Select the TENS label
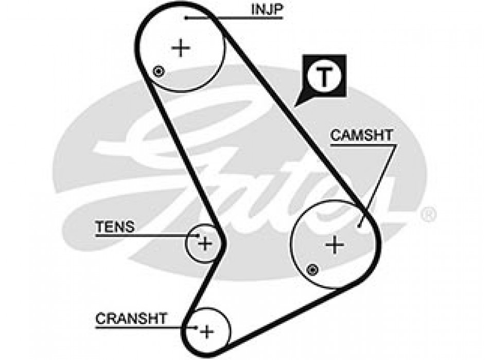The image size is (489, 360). (x=114, y=226)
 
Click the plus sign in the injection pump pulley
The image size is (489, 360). (x=181, y=48)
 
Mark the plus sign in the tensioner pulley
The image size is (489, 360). (x=205, y=243)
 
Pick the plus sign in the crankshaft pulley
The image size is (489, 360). (x=206, y=331)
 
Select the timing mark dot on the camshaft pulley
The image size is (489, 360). (x=311, y=268)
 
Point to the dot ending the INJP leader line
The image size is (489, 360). (x=185, y=18)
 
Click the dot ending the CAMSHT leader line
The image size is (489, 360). (x=359, y=225)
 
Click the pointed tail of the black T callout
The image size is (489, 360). (x=296, y=105)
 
